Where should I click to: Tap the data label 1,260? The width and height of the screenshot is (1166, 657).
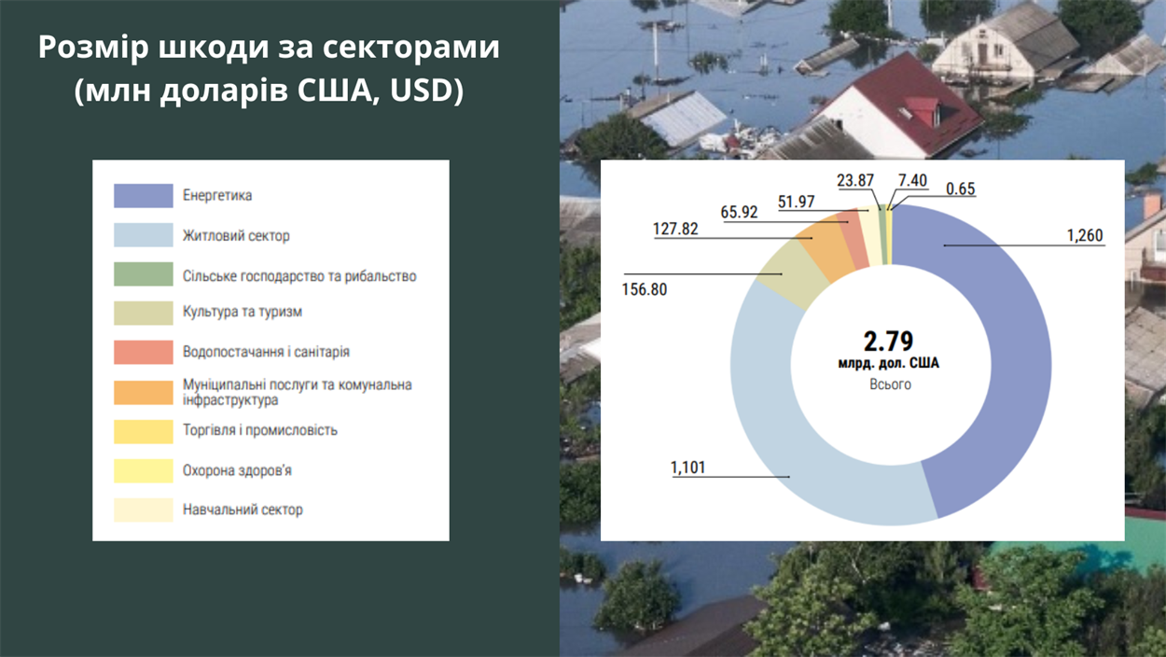pos(1085,236)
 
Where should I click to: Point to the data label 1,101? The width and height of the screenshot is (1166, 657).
pos(687,468)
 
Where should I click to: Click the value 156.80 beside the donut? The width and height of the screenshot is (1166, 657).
pos(645,289)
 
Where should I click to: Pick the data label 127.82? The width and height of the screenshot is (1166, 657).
pos(675,229)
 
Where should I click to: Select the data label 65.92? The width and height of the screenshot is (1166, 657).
pos(739,212)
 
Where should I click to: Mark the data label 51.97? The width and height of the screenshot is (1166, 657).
pos(797,202)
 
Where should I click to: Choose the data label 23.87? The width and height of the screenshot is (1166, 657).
pos(855,180)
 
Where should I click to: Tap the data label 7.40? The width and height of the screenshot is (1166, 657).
pos(912,180)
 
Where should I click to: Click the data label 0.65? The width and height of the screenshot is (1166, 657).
pos(961,189)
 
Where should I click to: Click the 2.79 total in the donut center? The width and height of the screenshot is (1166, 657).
pos(889,342)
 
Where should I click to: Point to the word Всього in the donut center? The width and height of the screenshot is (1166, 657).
pos(890,384)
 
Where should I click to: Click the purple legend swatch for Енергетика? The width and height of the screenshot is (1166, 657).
pos(143,196)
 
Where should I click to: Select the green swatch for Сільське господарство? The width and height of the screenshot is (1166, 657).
pos(143,273)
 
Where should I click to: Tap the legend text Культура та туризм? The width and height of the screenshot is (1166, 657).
pos(242,312)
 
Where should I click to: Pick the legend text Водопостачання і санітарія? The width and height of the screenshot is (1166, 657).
pos(266,352)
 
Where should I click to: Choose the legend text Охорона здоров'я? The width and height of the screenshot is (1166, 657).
pos(237,470)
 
